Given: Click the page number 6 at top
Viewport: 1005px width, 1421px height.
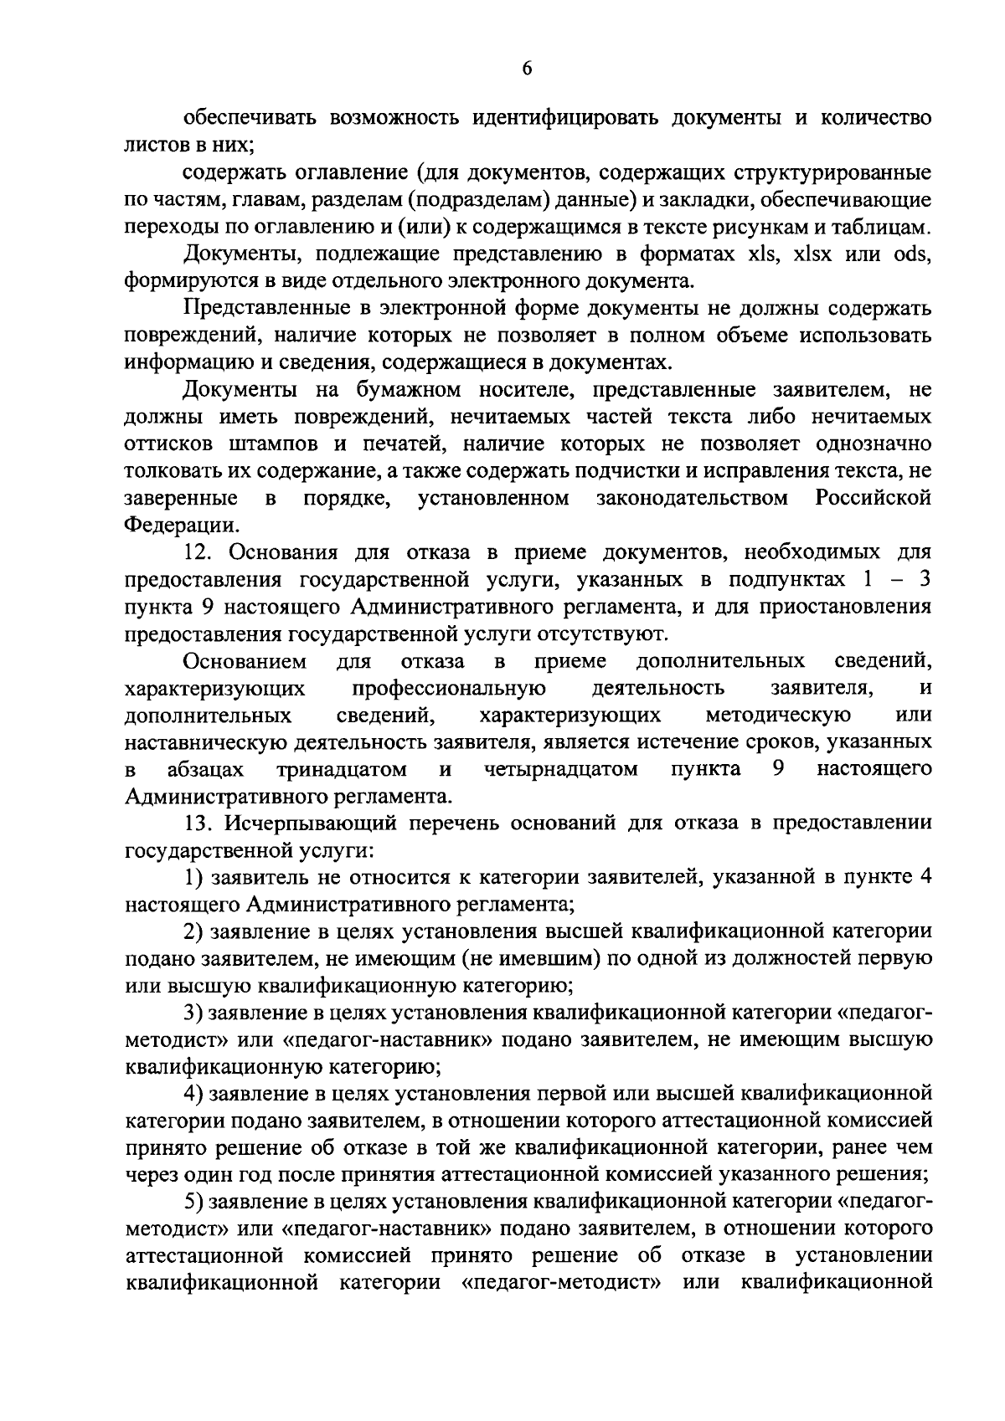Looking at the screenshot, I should pyautogui.click(x=526, y=70).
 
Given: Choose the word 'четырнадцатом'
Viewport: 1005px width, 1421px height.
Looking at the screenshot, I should pyautogui.click(x=560, y=769).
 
